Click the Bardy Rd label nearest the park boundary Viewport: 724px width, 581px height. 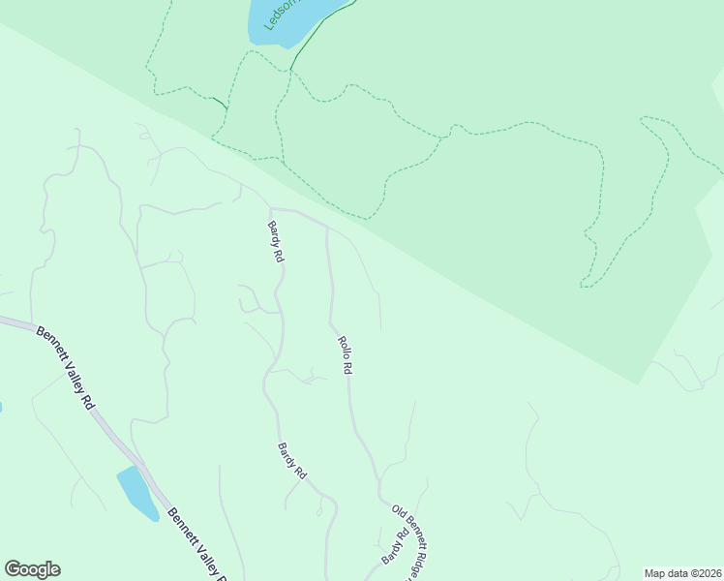(x=276, y=242)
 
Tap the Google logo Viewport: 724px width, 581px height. (x=32, y=569)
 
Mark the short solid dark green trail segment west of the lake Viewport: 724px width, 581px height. (x=220, y=102)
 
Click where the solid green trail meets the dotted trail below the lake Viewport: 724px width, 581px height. (x=290, y=70)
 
